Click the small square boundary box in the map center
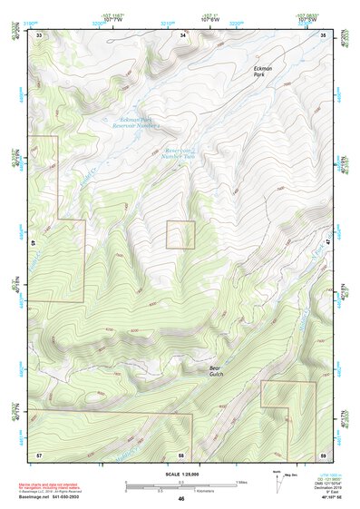pyautogui.click(x=180, y=235)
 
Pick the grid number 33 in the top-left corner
pyautogui.click(x=39, y=35)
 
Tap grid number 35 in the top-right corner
pyautogui.click(x=325, y=35)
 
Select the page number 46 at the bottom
pyautogui.click(x=181, y=499)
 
